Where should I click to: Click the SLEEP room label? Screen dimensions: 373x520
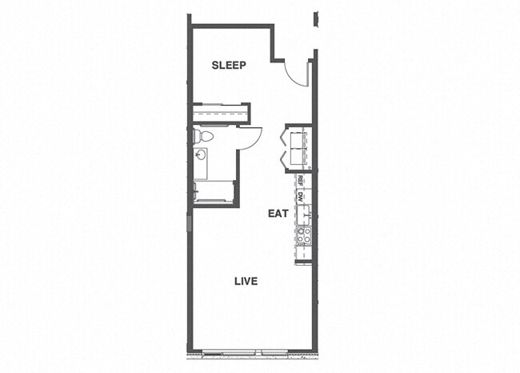click(229, 66)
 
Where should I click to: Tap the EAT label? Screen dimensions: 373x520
click(277, 214)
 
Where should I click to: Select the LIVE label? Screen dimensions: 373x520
click(245, 281)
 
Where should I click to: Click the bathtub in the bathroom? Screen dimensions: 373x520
click(214, 191)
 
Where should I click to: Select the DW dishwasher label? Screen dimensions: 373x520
click(301, 196)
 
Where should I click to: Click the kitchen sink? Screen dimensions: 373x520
click(304, 215)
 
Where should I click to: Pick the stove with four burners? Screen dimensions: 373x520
click(304, 235)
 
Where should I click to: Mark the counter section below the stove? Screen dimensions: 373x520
click(304, 252)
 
